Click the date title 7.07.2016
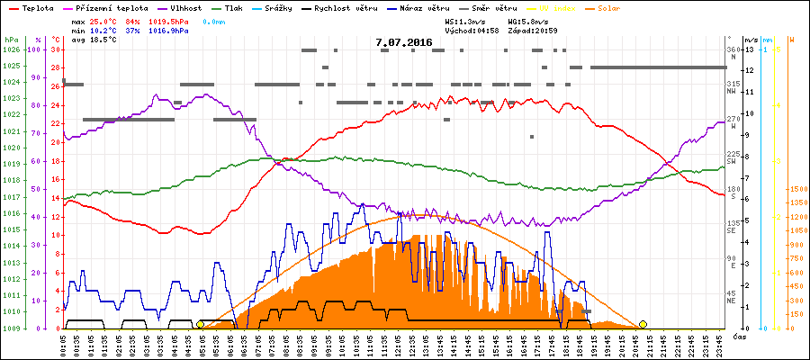[x=404, y=42]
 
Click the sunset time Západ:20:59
[x=533, y=30]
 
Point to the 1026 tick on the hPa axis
[x=11, y=49]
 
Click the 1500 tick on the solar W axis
[x=796, y=190]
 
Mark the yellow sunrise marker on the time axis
[x=200, y=324]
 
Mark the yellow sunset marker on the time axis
[x=643, y=324]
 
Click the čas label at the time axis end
[x=738, y=337]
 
